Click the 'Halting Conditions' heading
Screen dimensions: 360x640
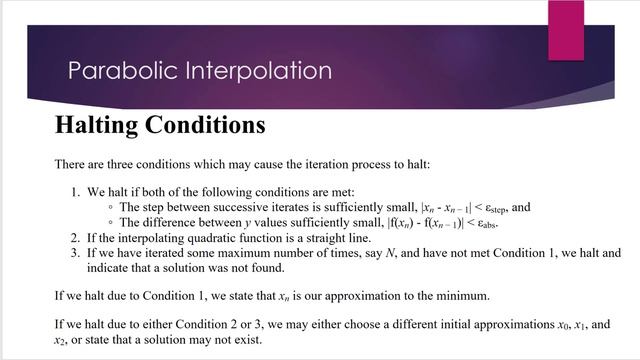pyautogui.click(x=159, y=126)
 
